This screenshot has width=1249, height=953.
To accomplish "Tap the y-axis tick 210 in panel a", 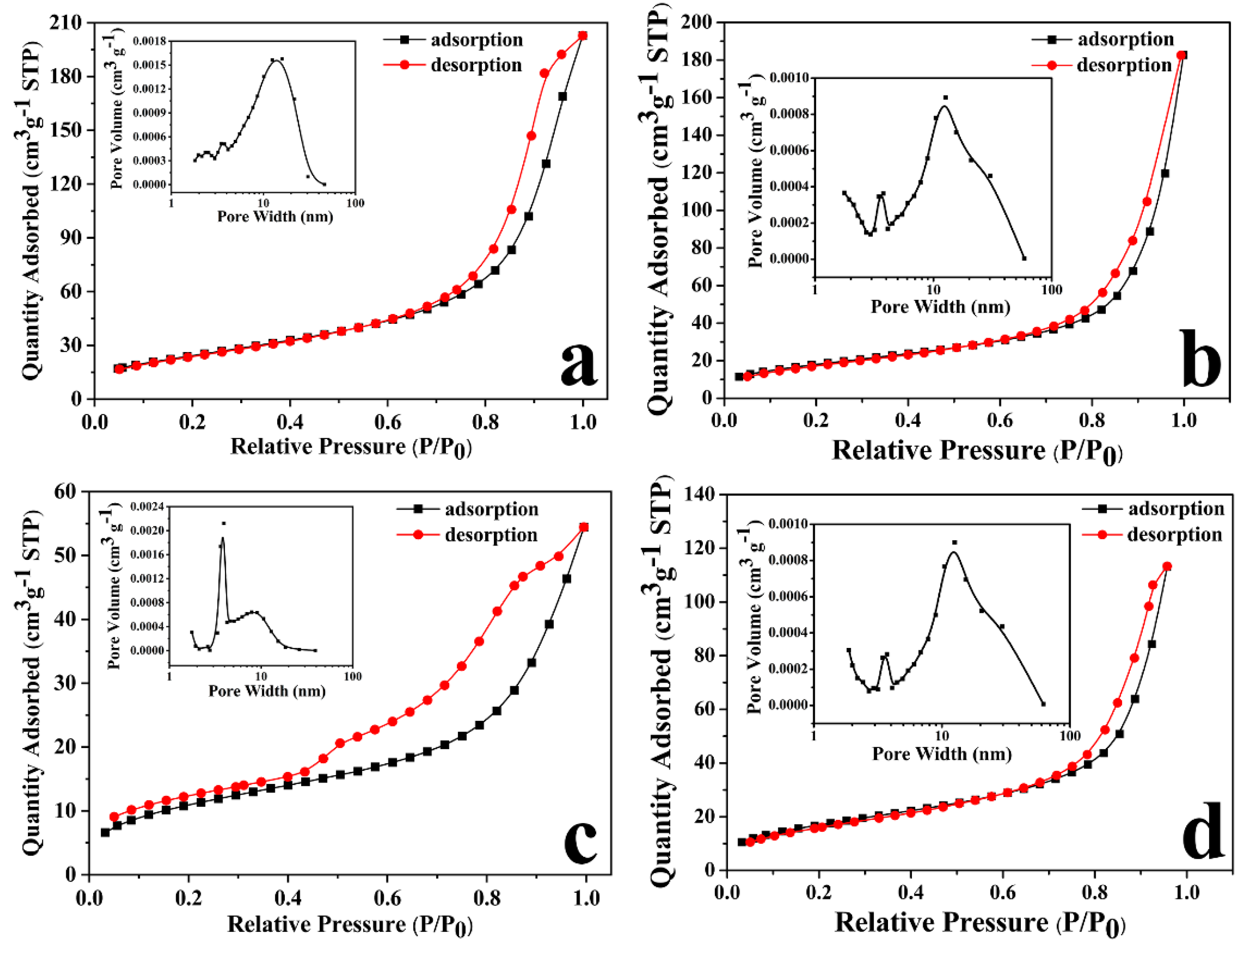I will click(x=65, y=23).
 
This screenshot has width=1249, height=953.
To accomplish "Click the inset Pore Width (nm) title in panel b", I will click(x=940, y=307).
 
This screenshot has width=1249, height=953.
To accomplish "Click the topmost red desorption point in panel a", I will click(x=583, y=36).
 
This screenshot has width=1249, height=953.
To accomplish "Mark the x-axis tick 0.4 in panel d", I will click(x=910, y=892).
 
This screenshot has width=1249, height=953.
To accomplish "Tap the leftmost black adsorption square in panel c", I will click(x=105, y=833).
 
